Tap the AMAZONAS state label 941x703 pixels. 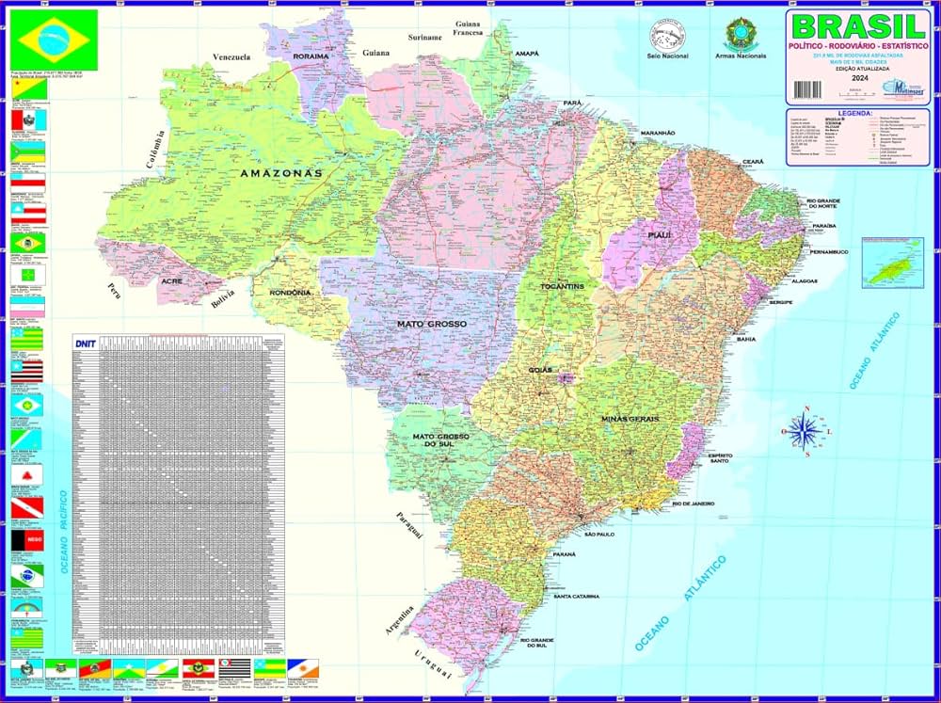pos(280,173)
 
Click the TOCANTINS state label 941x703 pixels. pos(563,285)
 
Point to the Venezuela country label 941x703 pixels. pos(231,57)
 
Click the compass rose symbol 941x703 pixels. pos(805,432)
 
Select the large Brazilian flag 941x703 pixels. pos(53,38)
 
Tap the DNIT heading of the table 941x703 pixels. pos(85,344)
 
